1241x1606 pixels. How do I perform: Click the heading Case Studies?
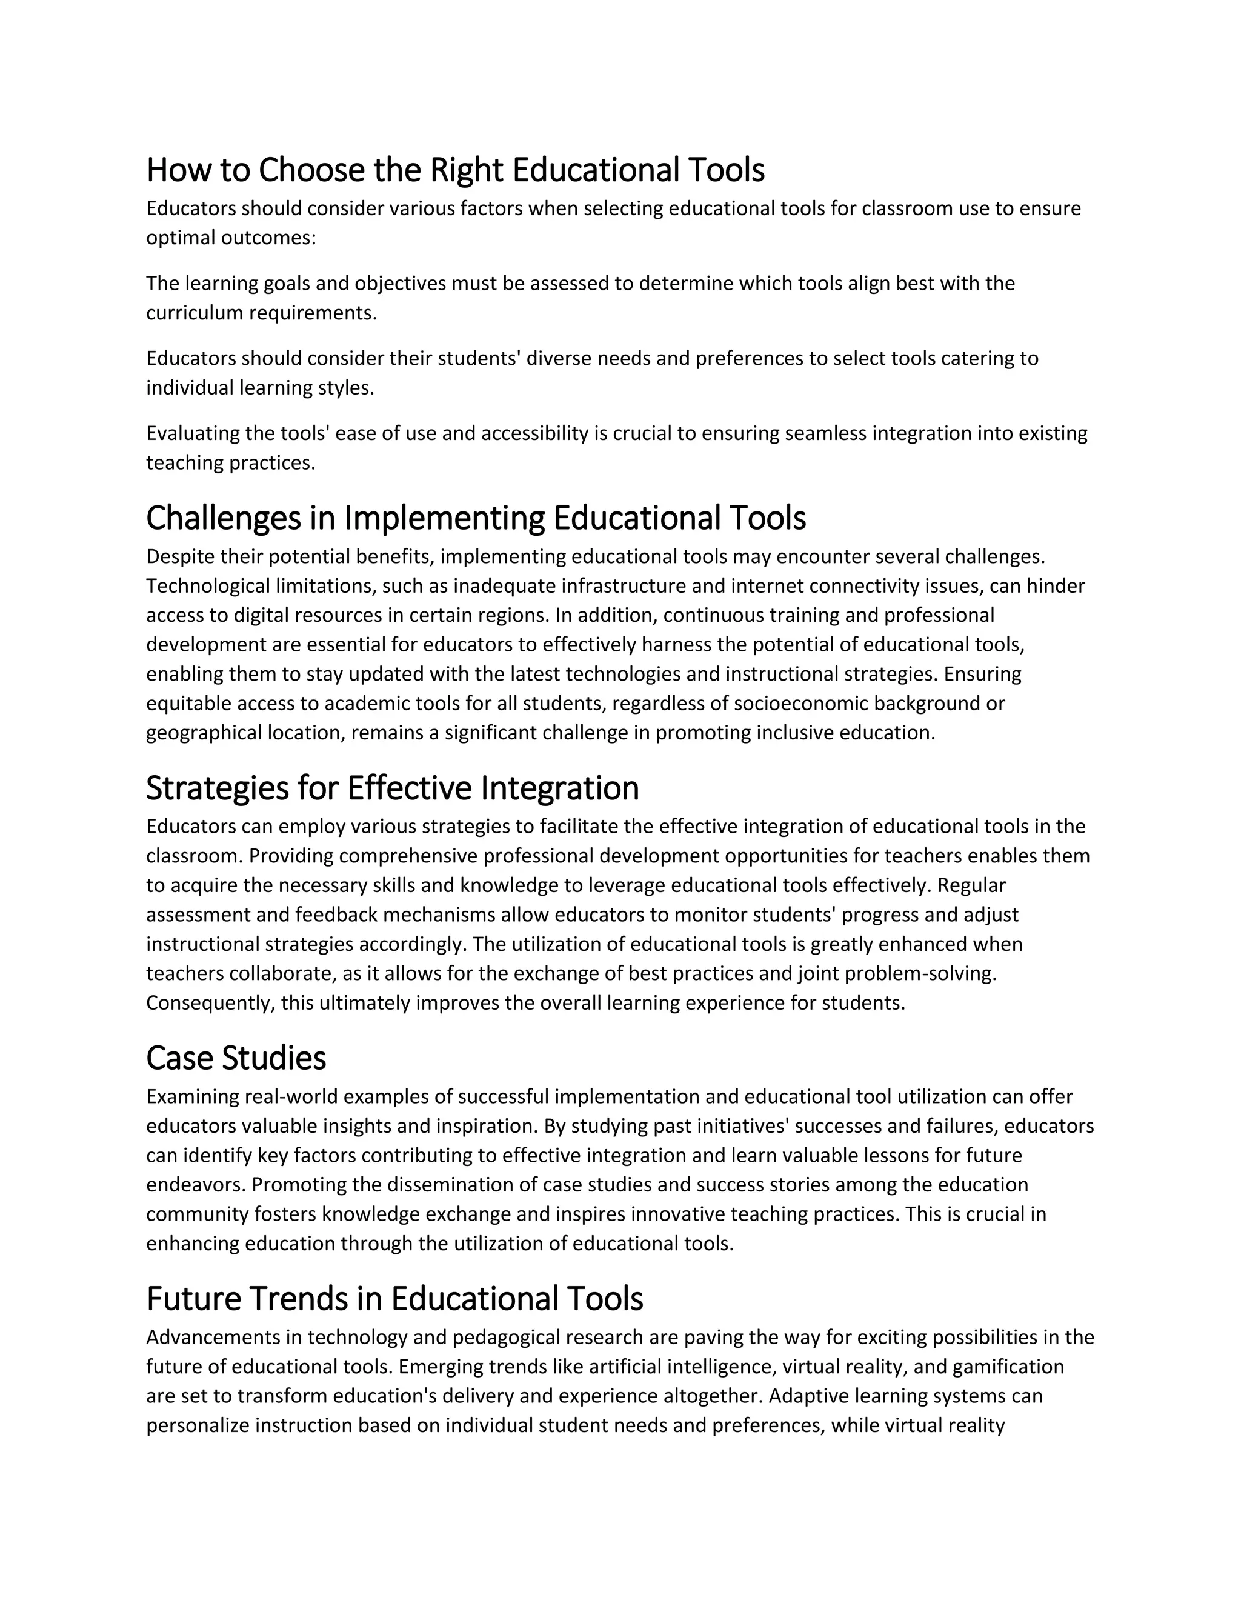coord(236,1059)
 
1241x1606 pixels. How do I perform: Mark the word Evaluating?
coord(193,434)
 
